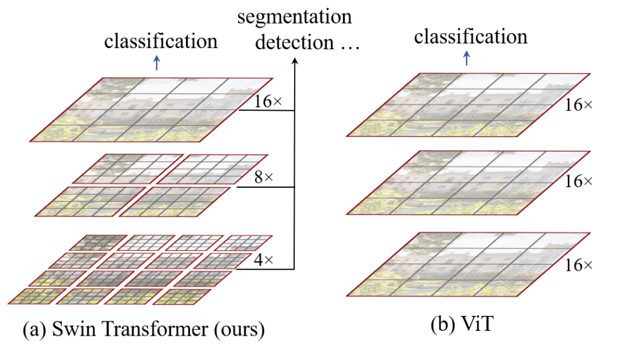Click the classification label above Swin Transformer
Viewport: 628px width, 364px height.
(161, 41)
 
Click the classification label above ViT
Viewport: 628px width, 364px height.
(470, 37)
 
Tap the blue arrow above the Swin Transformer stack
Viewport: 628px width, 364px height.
(157, 63)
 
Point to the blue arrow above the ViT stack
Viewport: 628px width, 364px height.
(467, 58)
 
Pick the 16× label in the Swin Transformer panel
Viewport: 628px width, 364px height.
(268, 102)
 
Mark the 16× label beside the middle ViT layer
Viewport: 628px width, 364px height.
(578, 180)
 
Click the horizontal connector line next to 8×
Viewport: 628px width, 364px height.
(265, 187)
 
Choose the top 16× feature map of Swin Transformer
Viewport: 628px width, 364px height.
(151, 110)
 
